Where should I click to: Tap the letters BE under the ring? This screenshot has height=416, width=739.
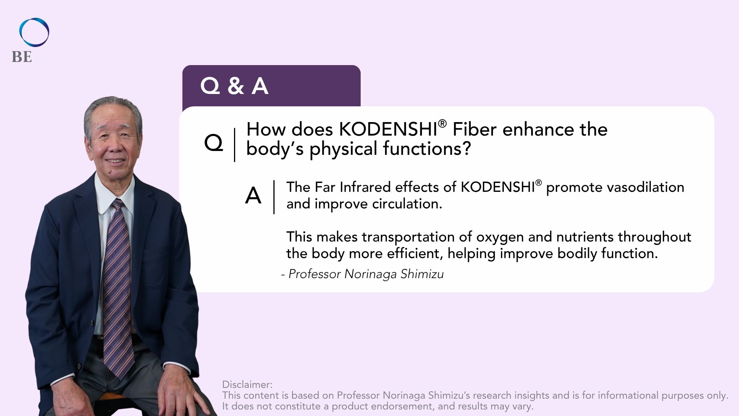(x=22, y=57)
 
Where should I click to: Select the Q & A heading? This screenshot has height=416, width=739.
(x=234, y=86)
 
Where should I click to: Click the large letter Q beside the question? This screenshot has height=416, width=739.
(x=214, y=143)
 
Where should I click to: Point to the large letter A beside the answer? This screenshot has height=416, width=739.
(x=253, y=196)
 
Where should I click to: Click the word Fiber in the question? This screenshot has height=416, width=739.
(x=475, y=129)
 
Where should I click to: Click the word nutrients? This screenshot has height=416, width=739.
(x=585, y=237)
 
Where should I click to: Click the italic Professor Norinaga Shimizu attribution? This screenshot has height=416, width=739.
(x=363, y=274)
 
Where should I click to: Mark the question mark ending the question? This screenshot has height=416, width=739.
(x=466, y=148)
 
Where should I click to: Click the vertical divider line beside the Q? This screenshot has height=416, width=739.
(x=234, y=145)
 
